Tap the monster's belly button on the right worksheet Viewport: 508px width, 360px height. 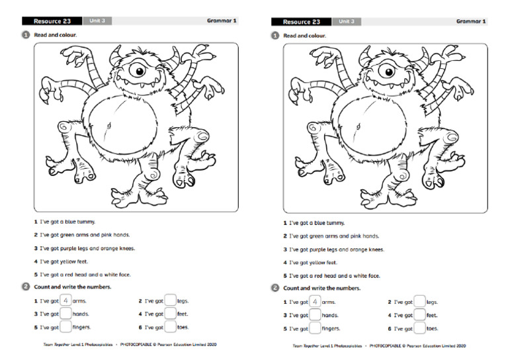pyautogui.click(x=357, y=125)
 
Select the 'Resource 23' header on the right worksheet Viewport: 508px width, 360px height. pyautogui.click(x=302, y=21)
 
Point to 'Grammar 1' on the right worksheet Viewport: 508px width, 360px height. pyautogui.click(x=471, y=21)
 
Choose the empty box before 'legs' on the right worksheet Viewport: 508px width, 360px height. pyautogui.click(x=419, y=302)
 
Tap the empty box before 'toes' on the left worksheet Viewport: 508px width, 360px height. pyautogui.click(x=171, y=327)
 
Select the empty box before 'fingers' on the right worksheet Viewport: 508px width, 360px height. pyautogui.click(x=315, y=328)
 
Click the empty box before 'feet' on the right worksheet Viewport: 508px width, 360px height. pyautogui.click(x=419, y=315)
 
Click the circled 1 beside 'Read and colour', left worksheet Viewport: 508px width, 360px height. pyautogui.click(x=25, y=34)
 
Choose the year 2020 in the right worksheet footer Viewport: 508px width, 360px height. pyautogui.click(x=460, y=345)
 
